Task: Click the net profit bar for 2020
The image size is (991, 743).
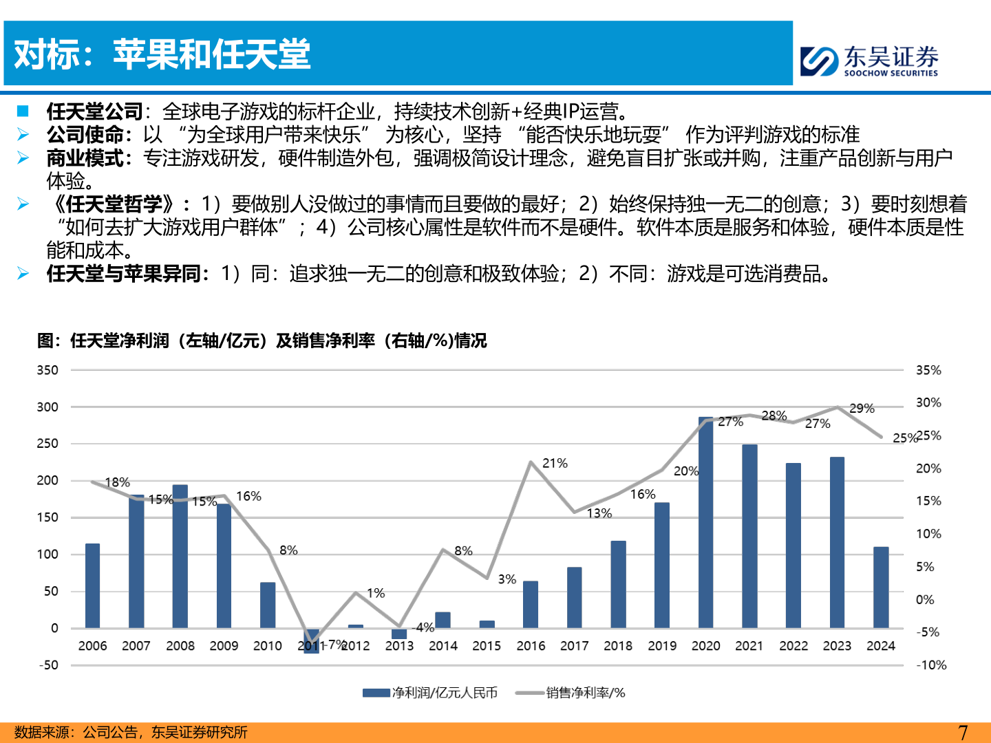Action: pos(705,523)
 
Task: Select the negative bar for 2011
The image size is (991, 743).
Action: pos(312,640)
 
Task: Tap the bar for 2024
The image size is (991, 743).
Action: pos(881,588)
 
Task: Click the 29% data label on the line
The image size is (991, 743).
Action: pos(862,408)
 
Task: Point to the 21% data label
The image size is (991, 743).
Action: pos(555,463)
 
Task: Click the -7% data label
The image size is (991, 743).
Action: pos(335,644)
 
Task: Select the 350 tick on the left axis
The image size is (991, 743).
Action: pos(47,370)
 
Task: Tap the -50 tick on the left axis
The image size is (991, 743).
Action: pos(47,665)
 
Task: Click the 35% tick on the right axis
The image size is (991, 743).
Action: pos(928,370)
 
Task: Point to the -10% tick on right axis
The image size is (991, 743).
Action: pos(931,665)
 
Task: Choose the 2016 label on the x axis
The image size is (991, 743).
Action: pos(531,646)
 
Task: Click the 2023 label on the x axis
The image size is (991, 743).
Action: pos(837,646)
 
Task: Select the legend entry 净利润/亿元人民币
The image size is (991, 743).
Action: pos(430,693)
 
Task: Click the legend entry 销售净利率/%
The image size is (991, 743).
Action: pos(571,693)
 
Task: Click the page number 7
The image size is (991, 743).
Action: pos(962,733)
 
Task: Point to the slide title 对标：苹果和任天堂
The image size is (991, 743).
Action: pos(162,54)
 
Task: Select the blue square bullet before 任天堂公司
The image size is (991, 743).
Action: pos(23,111)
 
